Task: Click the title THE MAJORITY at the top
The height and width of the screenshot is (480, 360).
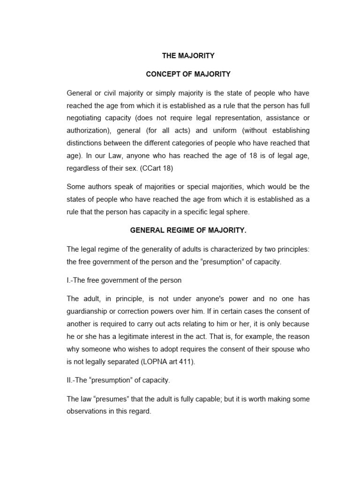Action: point(188,56)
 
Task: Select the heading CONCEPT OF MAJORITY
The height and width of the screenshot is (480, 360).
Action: point(188,74)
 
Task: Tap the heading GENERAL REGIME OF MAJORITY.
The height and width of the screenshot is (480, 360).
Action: point(188,231)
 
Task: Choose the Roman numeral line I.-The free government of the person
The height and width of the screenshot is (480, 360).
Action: point(124,280)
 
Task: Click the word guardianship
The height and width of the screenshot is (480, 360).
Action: point(89,311)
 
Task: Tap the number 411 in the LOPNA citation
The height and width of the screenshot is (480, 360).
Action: point(184,361)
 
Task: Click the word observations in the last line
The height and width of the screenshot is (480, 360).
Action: point(88,411)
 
